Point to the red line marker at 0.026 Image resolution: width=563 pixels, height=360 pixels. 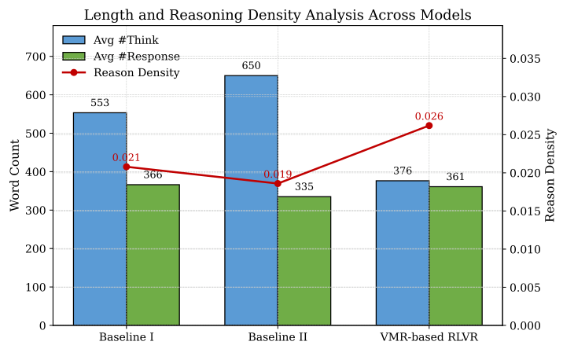point(429,126)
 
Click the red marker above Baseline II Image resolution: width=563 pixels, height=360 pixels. point(277,184)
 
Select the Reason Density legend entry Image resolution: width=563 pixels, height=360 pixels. point(136,73)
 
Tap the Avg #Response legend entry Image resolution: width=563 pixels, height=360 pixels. point(136,57)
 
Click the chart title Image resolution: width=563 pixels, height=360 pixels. point(278,15)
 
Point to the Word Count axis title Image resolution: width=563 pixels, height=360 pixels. point(15,175)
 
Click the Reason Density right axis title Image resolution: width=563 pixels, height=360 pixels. point(550,175)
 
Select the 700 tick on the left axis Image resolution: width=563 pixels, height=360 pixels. point(35,57)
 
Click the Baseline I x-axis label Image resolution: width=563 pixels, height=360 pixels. point(126,338)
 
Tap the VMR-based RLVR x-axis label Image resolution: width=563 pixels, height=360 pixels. point(429,338)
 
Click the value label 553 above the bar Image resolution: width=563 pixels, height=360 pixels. point(100,103)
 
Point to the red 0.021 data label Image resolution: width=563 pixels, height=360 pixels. point(126,158)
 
